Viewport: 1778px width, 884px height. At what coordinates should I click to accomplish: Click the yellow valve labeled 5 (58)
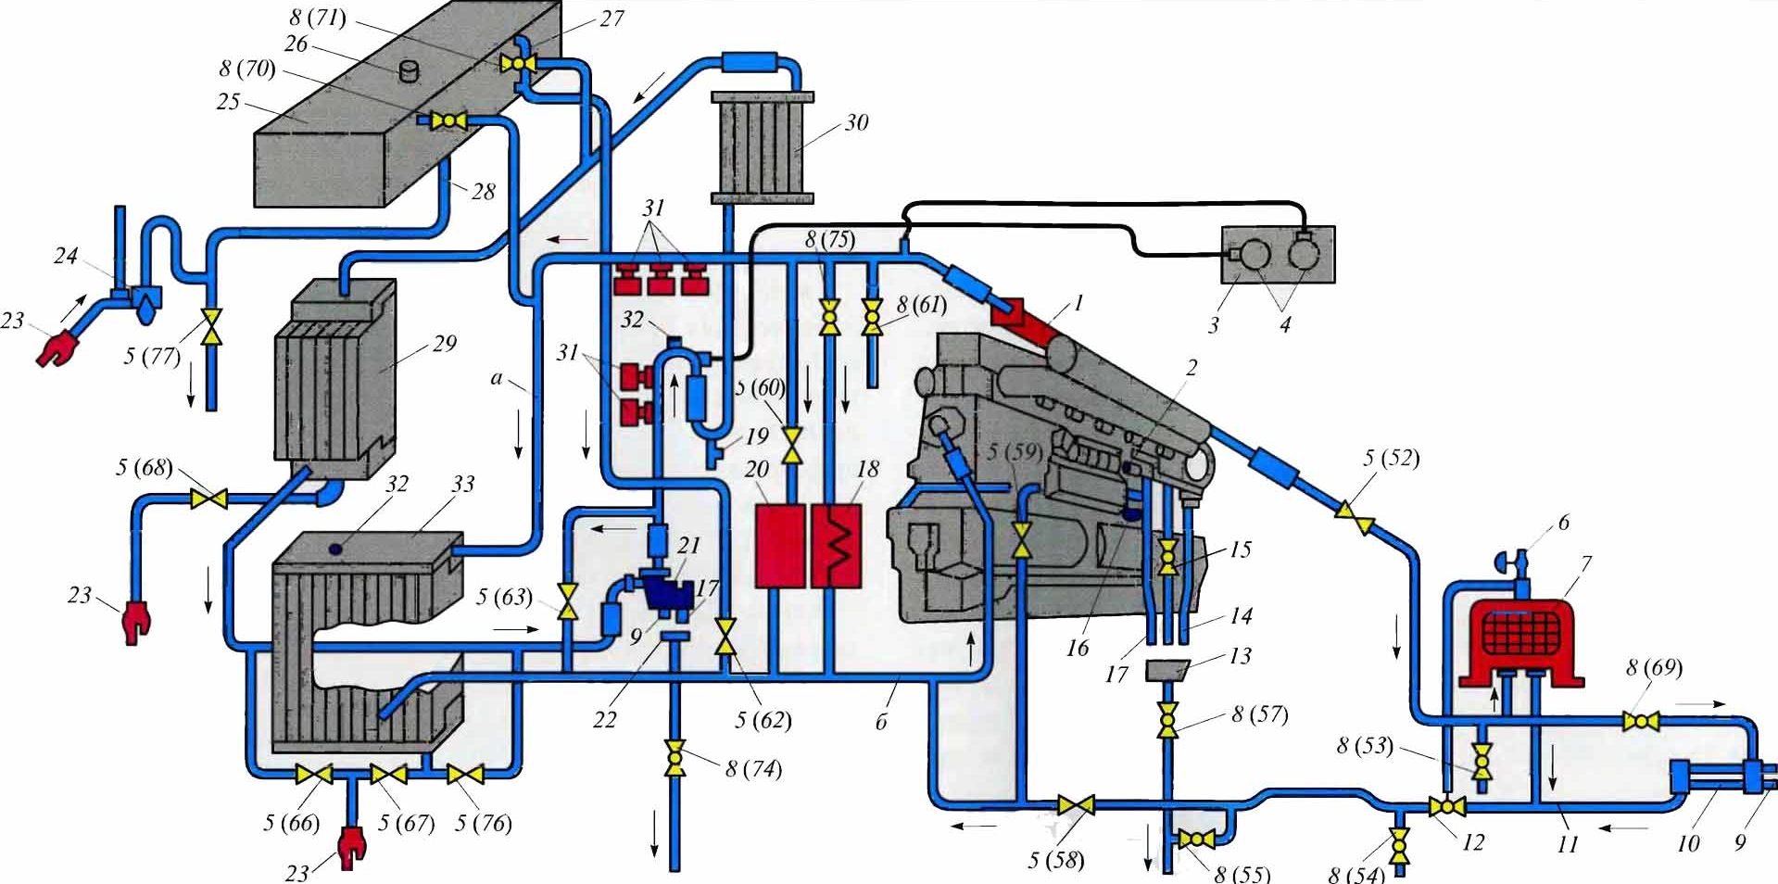point(1076,805)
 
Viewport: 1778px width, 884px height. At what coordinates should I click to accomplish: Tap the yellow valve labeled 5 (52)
point(1354,518)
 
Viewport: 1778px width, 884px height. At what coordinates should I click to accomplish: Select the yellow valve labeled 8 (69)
point(1640,721)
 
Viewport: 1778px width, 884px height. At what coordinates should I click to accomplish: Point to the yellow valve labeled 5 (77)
point(212,327)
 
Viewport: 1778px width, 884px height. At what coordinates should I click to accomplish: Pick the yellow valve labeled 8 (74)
point(675,756)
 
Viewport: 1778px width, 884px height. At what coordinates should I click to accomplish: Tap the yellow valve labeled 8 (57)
point(1167,719)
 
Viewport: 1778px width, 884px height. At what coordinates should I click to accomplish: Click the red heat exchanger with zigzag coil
point(837,546)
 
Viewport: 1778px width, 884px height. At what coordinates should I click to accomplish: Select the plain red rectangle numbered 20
point(779,546)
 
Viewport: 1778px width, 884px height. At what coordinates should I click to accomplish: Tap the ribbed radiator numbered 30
point(762,146)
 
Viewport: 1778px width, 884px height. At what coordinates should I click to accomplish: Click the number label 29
point(445,343)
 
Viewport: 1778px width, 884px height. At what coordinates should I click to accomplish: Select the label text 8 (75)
point(830,239)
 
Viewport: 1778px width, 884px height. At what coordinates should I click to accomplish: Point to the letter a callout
point(497,378)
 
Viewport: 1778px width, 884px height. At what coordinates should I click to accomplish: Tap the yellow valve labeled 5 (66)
point(313,774)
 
